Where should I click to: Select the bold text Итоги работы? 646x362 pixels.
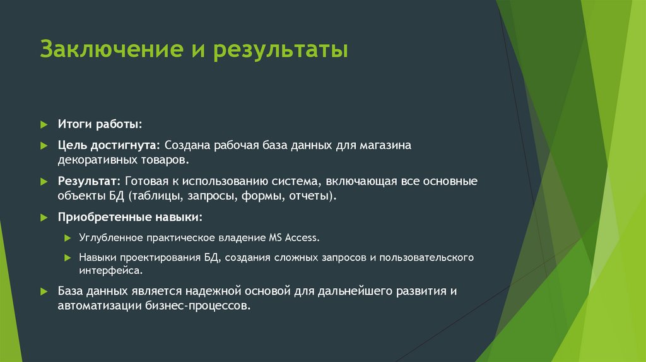click(x=100, y=123)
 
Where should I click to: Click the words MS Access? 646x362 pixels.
click(x=295, y=238)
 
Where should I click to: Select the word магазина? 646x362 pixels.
click(x=385, y=145)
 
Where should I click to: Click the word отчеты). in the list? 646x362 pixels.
click(x=313, y=196)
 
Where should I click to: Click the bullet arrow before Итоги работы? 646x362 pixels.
click(x=44, y=124)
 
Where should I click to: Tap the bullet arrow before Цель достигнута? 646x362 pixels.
click(x=44, y=146)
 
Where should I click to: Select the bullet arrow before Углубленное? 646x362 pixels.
click(x=68, y=238)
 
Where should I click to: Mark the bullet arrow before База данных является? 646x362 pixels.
click(x=44, y=291)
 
